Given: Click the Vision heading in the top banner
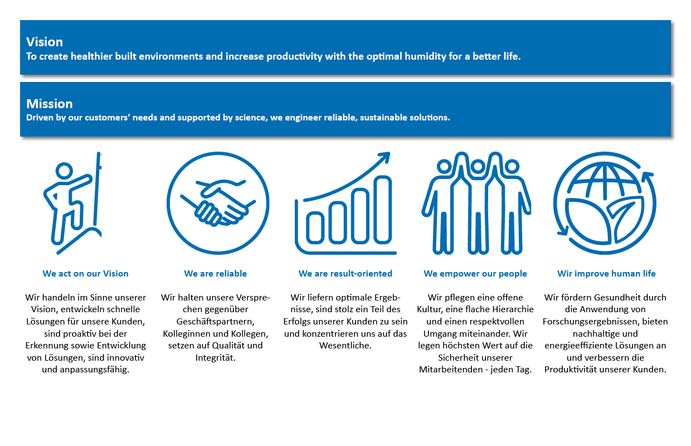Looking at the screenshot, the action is point(45,42).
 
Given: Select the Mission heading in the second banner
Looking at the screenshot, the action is point(50,104).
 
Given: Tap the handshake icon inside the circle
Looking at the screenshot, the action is point(218,202).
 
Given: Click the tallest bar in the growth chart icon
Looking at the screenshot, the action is point(382,210).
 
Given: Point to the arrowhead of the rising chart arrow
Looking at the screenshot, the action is point(385,157).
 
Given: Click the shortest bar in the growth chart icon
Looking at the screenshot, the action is point(315,227).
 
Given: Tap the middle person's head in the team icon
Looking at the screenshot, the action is point(478,167).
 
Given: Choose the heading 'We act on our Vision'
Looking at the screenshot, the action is point(85,274).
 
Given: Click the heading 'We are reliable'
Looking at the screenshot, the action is point(215,274).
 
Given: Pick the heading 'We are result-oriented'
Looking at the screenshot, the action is point(345,274).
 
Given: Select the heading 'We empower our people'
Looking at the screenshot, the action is point(475,274).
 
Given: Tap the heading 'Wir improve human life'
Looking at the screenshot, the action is point(606,274).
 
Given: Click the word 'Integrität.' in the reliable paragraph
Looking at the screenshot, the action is point(215,358).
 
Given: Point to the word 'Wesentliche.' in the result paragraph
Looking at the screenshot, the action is point(345,346).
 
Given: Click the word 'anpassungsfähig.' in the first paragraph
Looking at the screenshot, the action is point(85,370).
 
